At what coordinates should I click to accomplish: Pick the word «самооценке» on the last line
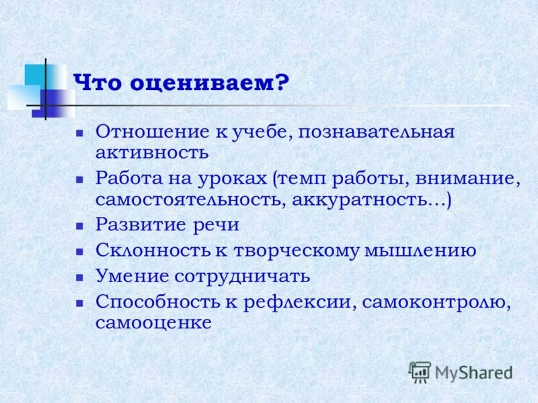(153, 322)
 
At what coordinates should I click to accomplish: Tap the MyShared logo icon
(420, 371)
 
